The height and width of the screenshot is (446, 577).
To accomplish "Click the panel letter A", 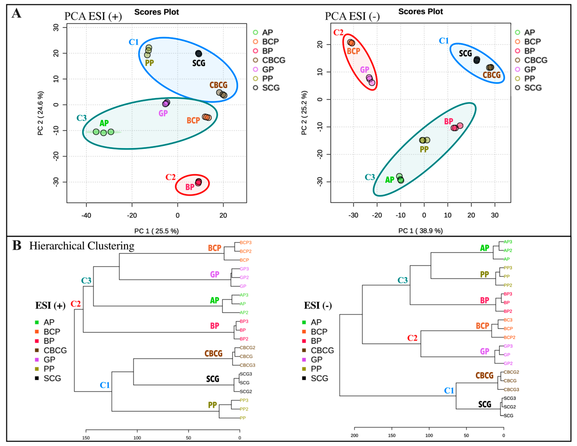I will click(16, 13).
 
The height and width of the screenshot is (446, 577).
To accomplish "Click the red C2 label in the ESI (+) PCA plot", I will click(170, 177).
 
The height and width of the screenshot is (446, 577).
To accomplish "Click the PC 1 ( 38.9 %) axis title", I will click(420, 231).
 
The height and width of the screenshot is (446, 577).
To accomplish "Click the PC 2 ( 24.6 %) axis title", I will click(40, 113).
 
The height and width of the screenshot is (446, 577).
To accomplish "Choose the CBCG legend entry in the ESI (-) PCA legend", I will click(536, 60).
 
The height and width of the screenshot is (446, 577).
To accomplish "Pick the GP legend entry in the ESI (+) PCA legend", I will click(268, 69).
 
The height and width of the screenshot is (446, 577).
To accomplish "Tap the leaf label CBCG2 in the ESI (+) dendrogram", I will click(247, 348).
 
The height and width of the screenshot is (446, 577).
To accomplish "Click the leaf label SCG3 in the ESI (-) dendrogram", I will click(510, 398).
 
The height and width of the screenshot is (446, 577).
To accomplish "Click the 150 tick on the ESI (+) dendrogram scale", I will click(86, 438).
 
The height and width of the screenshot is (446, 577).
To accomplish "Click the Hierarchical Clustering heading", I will click(82, 246).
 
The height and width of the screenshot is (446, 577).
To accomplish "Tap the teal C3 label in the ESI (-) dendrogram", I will click(402, 280).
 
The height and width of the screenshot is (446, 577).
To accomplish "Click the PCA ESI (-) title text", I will click(352, 16).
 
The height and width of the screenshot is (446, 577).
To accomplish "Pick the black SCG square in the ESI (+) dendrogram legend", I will click(37, 378).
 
